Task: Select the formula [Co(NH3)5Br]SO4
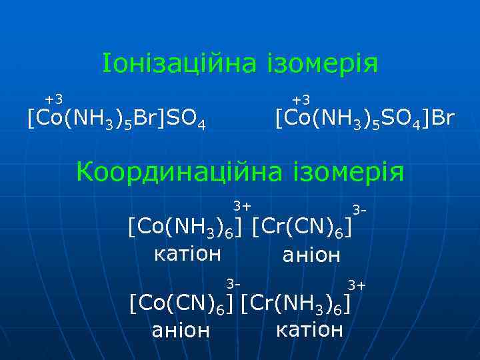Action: click(x=115, y=121)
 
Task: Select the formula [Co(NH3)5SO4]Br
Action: click(x=365, y=121)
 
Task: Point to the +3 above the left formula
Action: click(x=53, y=99)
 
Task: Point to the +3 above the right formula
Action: click(x=301, y=99)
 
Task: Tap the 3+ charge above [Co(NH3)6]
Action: click(x=241, y=204)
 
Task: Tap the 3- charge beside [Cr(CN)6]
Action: click(x=360, y=210)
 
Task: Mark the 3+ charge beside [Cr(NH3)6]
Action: click(x=357, y=285)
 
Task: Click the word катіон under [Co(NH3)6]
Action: click(x=187, y=254)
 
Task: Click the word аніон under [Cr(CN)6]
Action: click(x=311, y=255)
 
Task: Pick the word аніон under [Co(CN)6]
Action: click(x=181, y=330)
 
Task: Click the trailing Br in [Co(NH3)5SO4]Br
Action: click(x=443, y=119)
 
